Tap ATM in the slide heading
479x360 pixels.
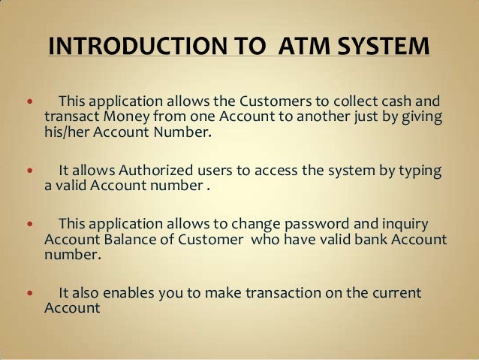tap(301, 46)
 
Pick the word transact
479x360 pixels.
tap(73, 118)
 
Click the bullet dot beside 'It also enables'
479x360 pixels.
tap(30, 292)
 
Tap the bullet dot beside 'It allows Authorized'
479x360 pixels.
tap(30, 171)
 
